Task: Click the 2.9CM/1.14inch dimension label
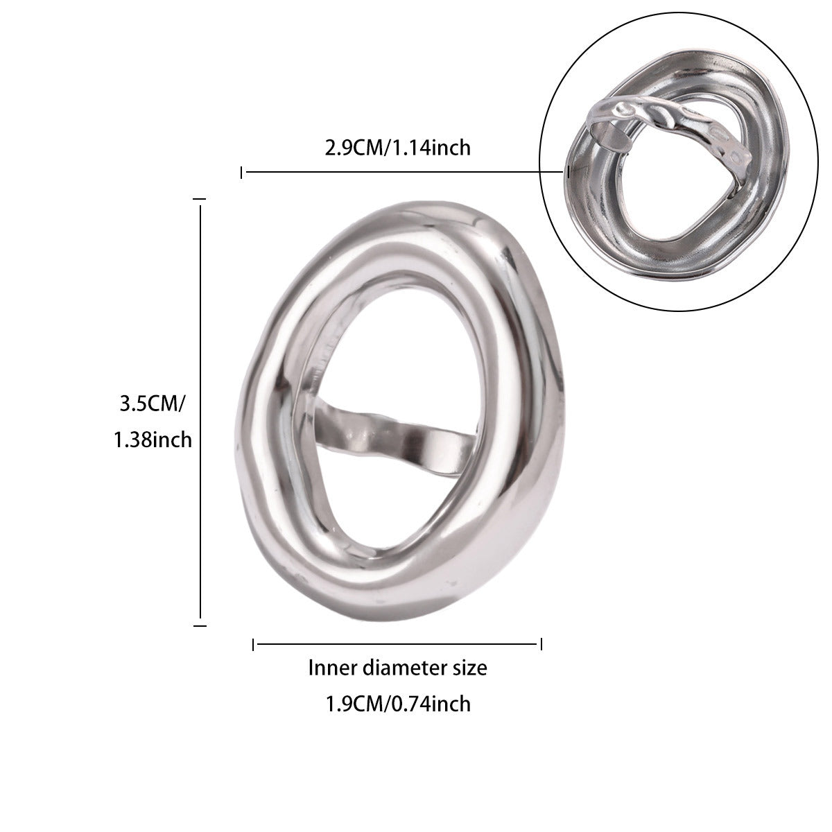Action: [x=398, y=148]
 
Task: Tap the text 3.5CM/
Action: [x=152, y=404]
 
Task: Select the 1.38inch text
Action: [x=153, y=440]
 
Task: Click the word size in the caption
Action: [x=470, y=668]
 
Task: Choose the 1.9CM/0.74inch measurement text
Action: [x=398, y=704]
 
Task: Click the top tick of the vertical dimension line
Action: [x=200, y=199]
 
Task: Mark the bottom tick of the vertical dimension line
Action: [x=200, y=625]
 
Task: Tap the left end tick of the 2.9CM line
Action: [x=241, y=173]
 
